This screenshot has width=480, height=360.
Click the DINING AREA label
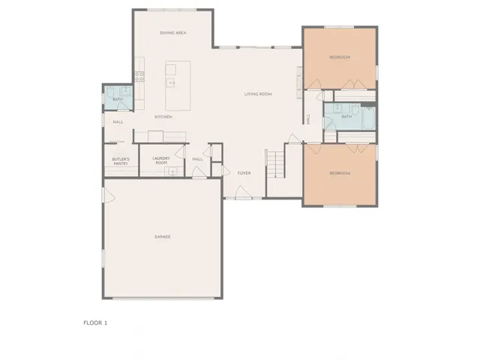coord(173,34)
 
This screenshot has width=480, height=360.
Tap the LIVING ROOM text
coord(257,94)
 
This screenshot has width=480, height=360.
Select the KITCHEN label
coord(163,117)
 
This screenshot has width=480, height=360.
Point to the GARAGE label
coord(163,237)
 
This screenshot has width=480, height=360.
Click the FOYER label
coord(244,173)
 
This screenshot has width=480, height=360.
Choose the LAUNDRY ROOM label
coord(161,160)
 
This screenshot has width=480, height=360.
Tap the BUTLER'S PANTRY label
coord(121,160)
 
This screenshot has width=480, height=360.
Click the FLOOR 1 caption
coord(95,322)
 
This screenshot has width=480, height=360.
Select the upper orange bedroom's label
coord(340,58)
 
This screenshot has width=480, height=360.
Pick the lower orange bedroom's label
coord(340,173)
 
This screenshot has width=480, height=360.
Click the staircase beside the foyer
coord(276,163)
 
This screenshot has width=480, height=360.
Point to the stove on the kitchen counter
coord(139,75)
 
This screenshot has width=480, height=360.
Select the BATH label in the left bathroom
coord(117,99)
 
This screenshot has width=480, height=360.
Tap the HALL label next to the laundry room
coord(198,159)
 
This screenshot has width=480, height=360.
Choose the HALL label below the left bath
coord(118,122)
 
